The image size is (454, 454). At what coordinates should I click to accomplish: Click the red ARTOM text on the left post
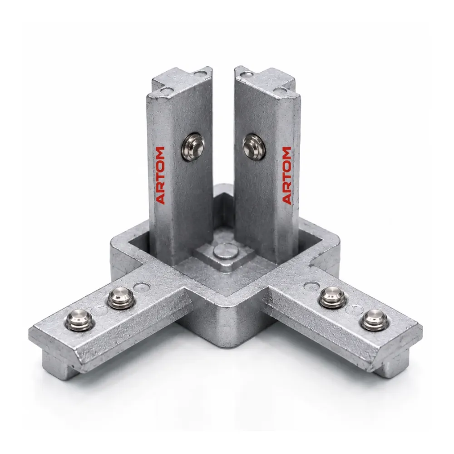(160, 175)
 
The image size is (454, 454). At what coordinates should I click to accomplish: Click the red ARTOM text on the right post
(286, 175)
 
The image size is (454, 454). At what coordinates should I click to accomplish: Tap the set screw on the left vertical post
(193, 147)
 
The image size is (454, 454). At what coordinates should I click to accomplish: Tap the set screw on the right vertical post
(254, 147)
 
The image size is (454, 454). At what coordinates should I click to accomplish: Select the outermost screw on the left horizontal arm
(79, 320)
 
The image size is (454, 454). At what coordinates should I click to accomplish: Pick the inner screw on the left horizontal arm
(121, 299)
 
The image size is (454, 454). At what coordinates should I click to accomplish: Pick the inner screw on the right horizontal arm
(333, 298)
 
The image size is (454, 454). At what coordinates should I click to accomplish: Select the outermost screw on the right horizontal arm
(375, 320)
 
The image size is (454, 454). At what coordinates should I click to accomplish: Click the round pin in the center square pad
(226, 251)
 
